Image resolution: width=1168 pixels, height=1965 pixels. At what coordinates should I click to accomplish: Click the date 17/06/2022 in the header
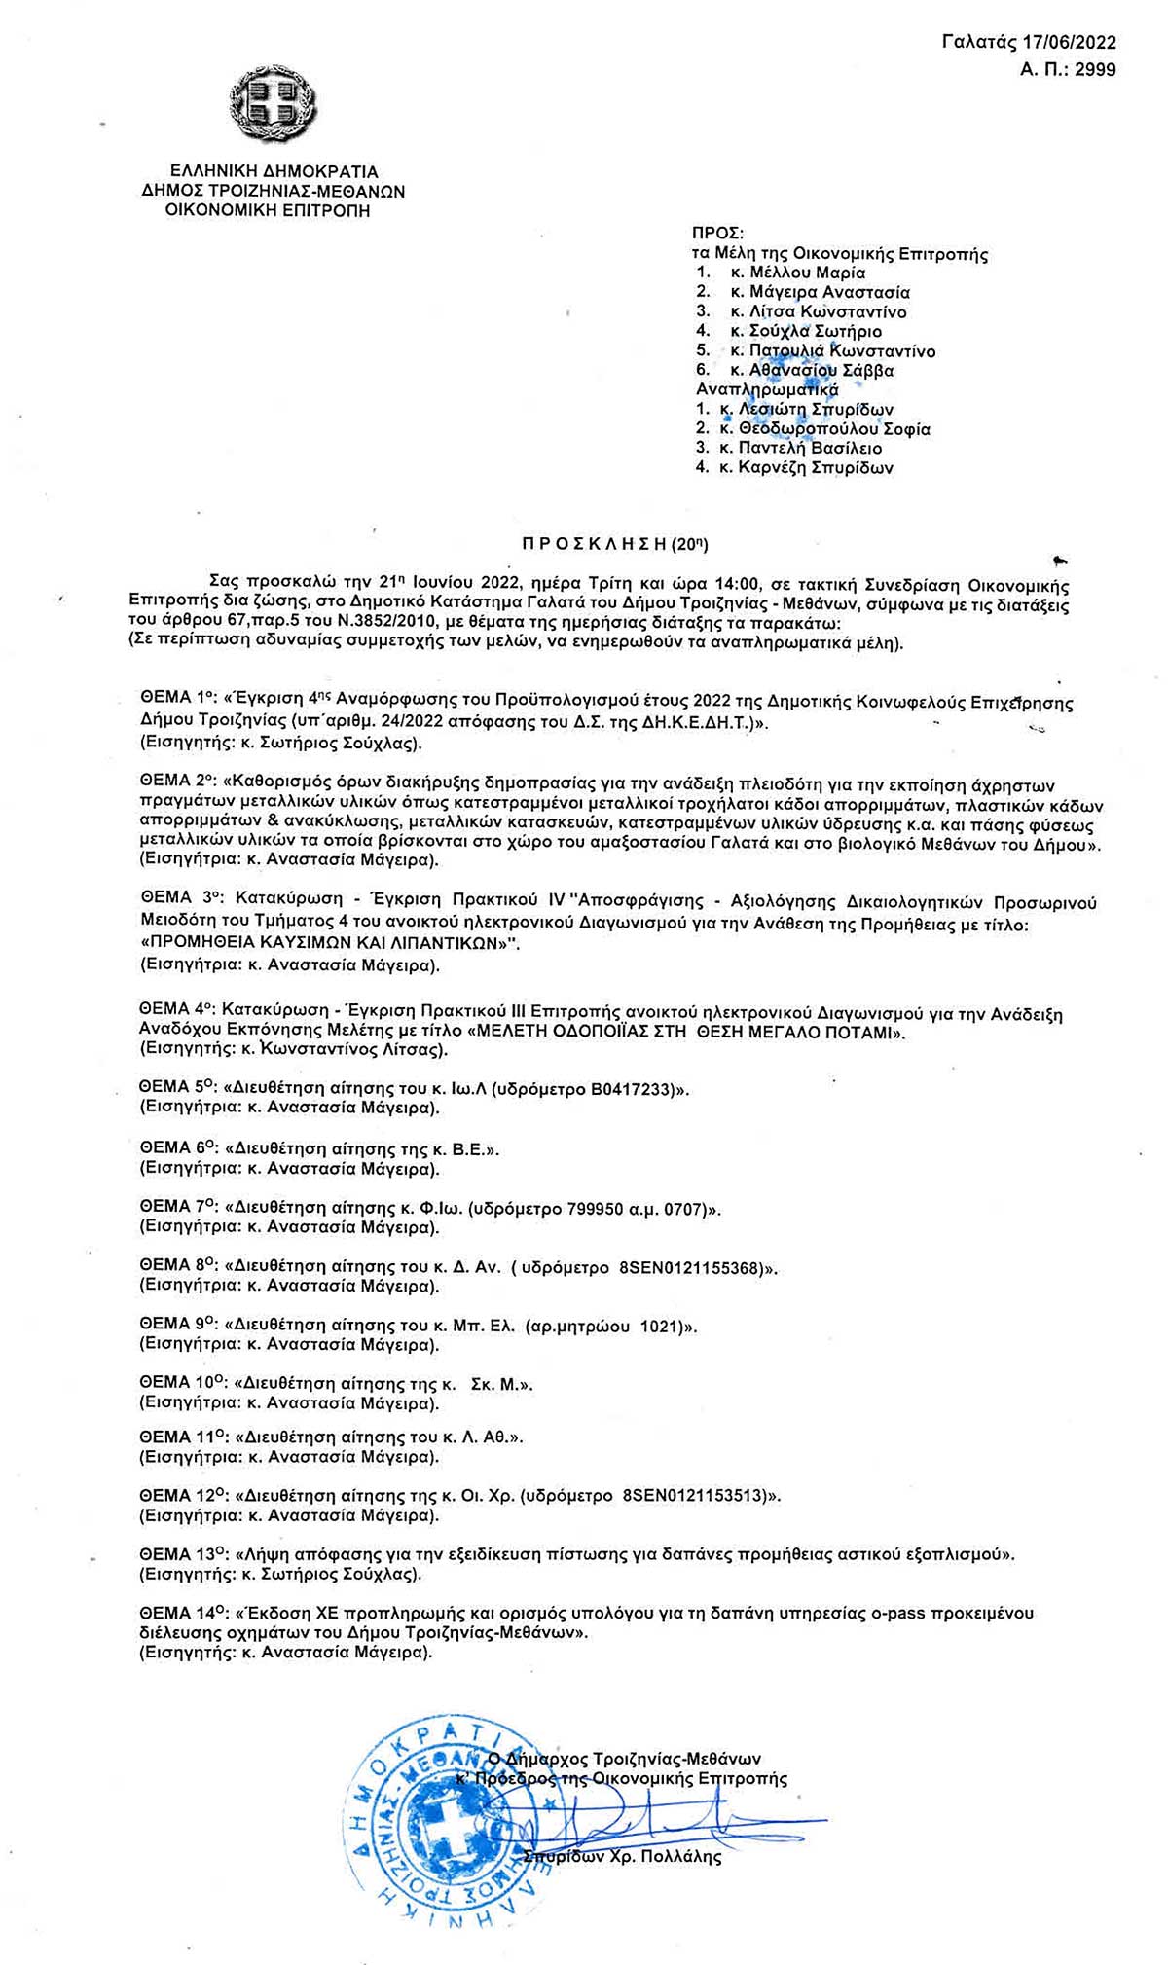(1070, 42)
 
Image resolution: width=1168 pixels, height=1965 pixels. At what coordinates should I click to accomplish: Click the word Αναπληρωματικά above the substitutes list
(766, 390)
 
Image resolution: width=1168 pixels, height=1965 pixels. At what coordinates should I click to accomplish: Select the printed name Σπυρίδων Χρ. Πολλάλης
(622, 1857)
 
